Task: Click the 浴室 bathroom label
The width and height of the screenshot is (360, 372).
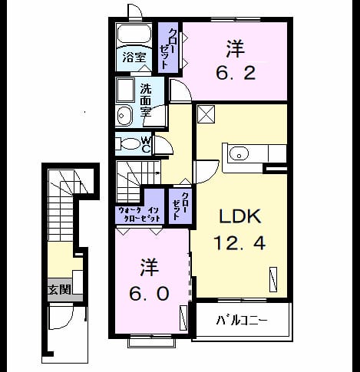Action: [134, 58]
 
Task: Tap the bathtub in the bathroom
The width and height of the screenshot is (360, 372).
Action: [134, 34]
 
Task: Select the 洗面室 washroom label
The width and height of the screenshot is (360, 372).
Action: [146, 100]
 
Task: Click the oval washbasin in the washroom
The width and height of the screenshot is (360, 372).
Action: [124, 115]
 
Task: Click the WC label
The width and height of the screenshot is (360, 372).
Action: [146, 144]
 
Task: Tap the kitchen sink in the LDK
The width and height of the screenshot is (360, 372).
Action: [239, 153]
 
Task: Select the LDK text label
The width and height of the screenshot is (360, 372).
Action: [240, 216]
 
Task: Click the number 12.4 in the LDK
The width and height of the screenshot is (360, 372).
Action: [239, 242]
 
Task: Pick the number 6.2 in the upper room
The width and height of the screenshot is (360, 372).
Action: [236, 73]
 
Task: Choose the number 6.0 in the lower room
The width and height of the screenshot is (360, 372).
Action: [149, 293]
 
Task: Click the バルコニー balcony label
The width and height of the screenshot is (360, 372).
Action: [242, 320]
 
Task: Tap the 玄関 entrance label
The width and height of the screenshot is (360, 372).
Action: [60, 289]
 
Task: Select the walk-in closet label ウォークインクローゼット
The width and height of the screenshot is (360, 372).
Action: [139, 214]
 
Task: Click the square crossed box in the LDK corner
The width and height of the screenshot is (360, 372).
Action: [206, 114]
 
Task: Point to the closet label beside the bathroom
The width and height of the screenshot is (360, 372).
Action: [167, 48]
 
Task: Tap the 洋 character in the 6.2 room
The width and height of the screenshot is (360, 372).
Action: [236, 48]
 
